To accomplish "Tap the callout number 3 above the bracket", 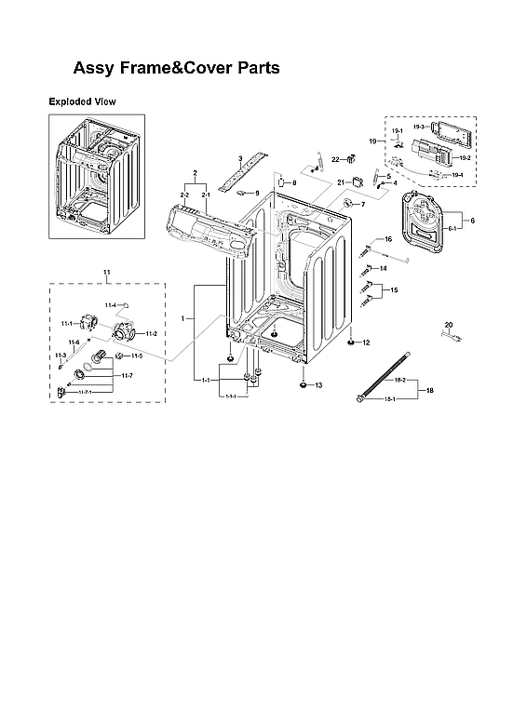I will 239,159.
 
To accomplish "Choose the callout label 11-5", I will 136,356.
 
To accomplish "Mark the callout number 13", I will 317,384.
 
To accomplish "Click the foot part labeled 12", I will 351,342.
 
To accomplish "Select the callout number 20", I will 448,324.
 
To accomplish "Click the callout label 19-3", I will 420,127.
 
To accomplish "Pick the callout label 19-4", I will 456,175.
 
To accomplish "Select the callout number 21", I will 341,182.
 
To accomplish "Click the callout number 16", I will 388,239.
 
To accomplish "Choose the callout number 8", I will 293,183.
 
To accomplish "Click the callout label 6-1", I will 453,228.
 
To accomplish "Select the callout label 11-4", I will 110,305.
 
